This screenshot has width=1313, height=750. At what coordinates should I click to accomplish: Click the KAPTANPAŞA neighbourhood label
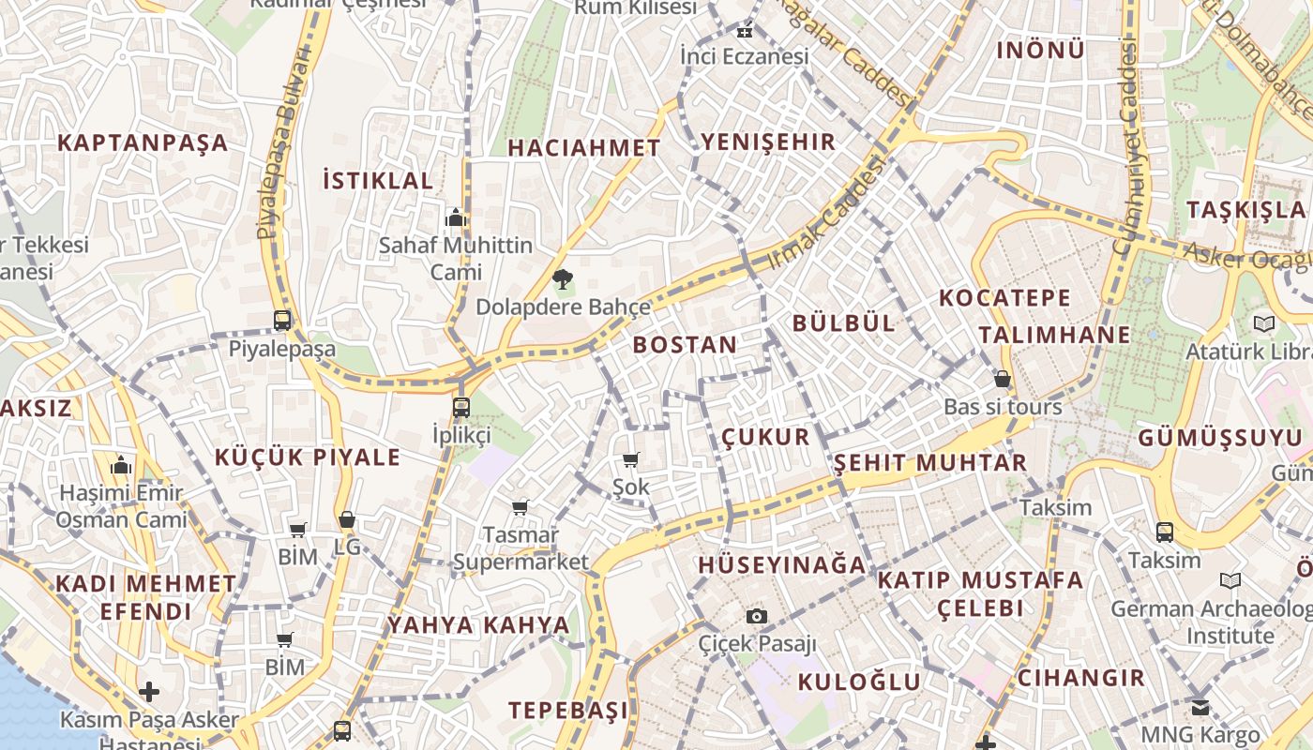[x=143, y=142]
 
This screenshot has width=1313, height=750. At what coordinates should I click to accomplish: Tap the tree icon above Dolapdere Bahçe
[x=563, y=278]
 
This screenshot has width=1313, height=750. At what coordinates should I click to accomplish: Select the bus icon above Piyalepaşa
[x=282, y=320]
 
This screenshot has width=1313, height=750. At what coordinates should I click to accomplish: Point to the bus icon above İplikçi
[x=460, y=407]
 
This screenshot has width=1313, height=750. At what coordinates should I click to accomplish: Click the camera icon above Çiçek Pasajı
[x=757, y=616]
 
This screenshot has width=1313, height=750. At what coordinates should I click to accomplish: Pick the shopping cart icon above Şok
[x=631, y=459]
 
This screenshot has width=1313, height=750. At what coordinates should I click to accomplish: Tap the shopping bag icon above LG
[x=347, y=518]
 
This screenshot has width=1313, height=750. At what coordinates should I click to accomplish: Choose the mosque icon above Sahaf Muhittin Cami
[x=456, y=217]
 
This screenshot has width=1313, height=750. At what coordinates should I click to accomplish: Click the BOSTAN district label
[x=685, y=344]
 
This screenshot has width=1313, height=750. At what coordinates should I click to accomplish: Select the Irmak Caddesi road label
[x=827, y=213]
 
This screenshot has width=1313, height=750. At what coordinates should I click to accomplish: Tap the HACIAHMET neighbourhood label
[x=584, y=147]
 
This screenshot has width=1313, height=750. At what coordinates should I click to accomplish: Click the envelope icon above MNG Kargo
[x=1200, y=707]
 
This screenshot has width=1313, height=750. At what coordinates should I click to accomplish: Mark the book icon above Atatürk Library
[x=1264, y=323]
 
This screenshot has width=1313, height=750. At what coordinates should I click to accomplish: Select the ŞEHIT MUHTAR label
[x=930, y=462]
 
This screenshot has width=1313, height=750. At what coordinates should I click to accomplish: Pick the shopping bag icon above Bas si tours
[x=1003, y=379]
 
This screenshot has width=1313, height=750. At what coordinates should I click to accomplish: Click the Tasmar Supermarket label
[x=521, y=548]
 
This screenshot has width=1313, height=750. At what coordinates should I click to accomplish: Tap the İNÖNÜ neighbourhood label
[x=1040, y=50]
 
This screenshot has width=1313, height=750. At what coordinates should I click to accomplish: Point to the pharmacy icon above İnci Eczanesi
[x=745, y=32]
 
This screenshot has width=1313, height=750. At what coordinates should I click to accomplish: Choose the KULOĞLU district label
[x=859, y=682]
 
